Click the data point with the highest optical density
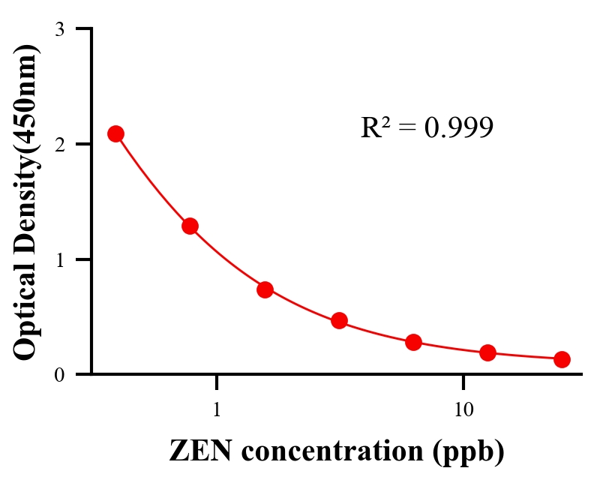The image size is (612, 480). (x=115, y=133)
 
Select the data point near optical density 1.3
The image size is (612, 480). (x=190, y=226)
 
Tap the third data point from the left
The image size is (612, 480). (x=265, y=289)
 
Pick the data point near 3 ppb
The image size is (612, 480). (x=339, y=320)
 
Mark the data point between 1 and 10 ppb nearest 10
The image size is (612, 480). (x=413, y=342)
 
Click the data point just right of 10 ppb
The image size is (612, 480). (x=487, y=352)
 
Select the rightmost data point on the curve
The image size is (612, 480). (x=562, y=359)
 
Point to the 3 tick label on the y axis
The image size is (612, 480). (x=59, y=29)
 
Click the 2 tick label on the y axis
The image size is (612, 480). (x=59, y=144)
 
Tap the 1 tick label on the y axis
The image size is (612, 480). (x=59, y=259)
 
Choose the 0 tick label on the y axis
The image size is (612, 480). (x=59, y=374)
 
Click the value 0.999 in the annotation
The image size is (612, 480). (x=458, y=127)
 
